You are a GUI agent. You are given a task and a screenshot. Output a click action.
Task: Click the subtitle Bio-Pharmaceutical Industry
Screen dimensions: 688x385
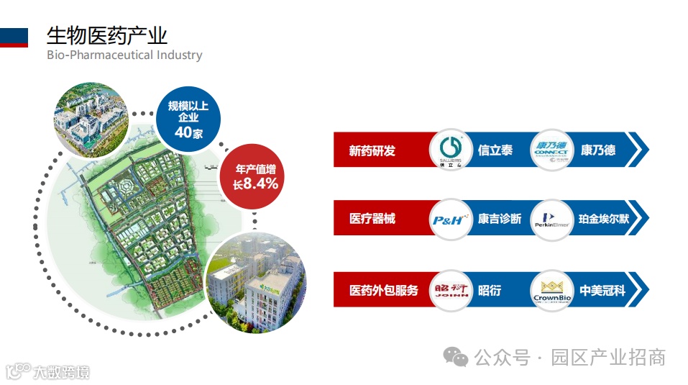coord(124,55)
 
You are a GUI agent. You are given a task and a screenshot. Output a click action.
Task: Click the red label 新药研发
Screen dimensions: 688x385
coord(372,151)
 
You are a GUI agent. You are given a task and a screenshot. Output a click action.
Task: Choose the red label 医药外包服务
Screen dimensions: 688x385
coord(383,291)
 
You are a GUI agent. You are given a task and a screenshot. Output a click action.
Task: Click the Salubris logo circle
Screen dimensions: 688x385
coord(451,150)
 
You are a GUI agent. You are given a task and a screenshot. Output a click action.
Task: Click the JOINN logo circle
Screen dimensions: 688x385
coord(451,291)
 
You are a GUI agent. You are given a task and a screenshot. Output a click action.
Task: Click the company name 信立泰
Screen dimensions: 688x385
coord(495,151)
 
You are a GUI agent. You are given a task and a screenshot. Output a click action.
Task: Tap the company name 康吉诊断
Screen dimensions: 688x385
coord(500,219)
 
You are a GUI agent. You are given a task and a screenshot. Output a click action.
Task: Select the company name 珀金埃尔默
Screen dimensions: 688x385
coord(604,219)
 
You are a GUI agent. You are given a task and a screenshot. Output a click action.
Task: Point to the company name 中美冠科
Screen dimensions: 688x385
coord(600,291)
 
